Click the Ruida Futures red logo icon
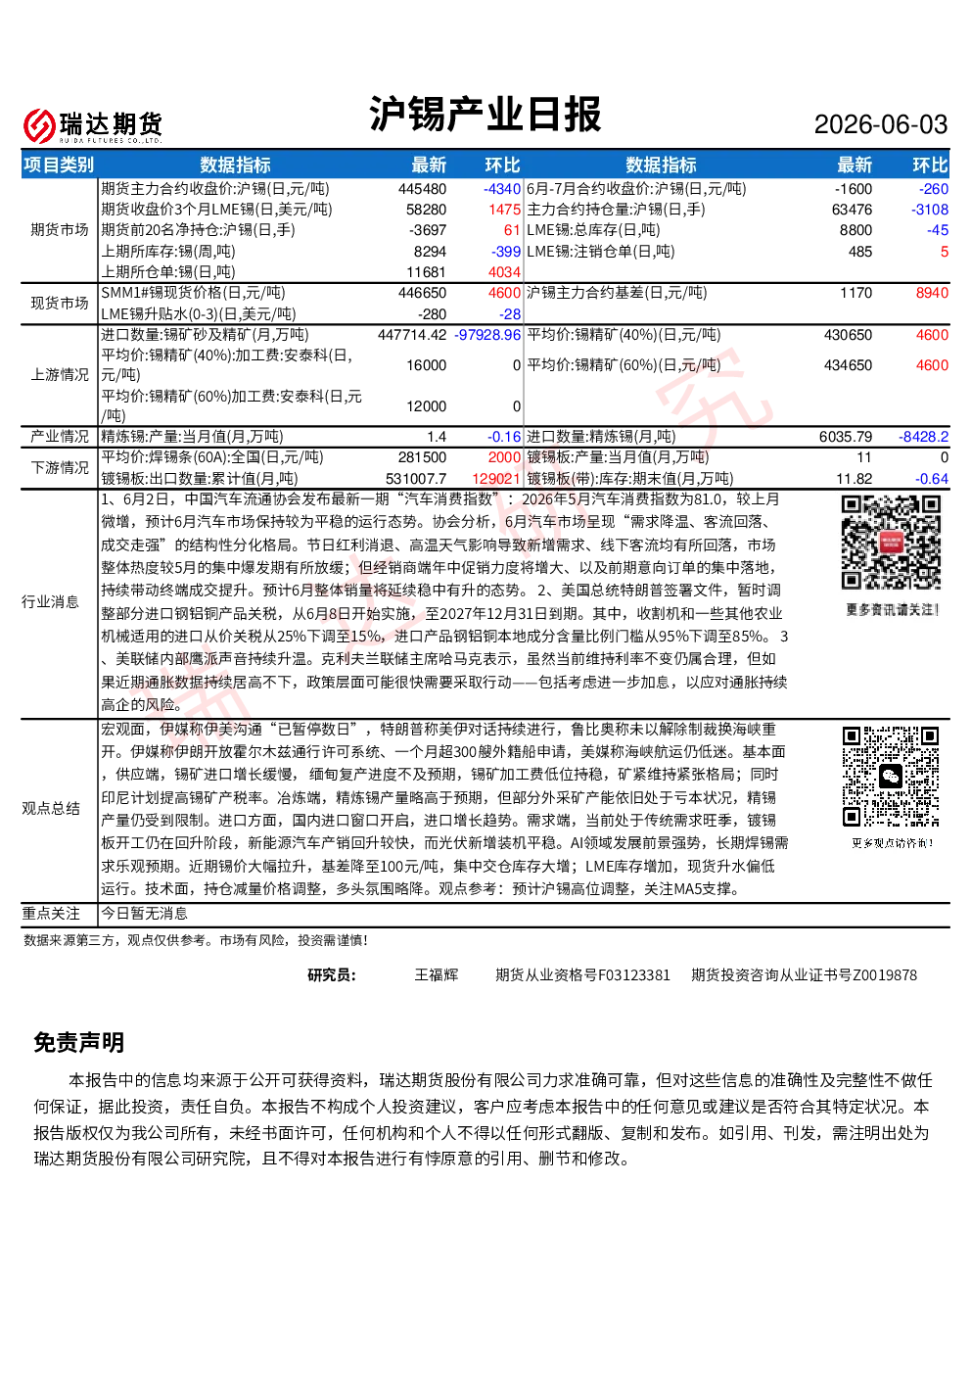pyautogui.click(x=39, y=125)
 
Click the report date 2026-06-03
pyautogui.click(x=880, y=125)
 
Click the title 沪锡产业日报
pyautogui.click(x=485, y=114)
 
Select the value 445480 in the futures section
pyautogui.click(x=422, y=189)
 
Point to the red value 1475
pyautogui.click(x=504, y=210)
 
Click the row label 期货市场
pyautogui.click(x=60, y=230)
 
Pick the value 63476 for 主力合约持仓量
pyautogui.click(x=853, y=210)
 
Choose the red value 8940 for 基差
pyautogui.click(x=932, y=293)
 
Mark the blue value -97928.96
pyautogui.click(x=487, y=335)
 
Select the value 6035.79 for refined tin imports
pyautogui.click(x=846, y=437)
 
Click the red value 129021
pyautogui.click(x=496, y=479)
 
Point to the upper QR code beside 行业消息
pyautogui.click(x=891, y=543)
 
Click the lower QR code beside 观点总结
pyautogui.click(x=891, y=777)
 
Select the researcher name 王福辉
pyautogui.click(x=436, y=975)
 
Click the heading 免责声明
pyautogui.click(x=79, y=1043)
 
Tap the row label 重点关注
pyautogui.click(x=51, y=914)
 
